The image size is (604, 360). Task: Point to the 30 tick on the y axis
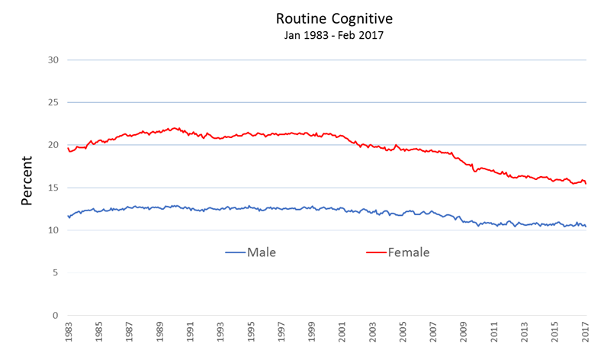tap(52, 59)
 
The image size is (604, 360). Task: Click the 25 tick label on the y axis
tap(52, 102)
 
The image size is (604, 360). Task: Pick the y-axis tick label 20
tap(52, 145)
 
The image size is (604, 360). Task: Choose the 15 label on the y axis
tap(52, 188)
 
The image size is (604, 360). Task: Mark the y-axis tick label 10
tap(52, 230)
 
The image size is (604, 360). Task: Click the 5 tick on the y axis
tap(55, 273)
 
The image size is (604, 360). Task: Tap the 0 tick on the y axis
tap(55, 316)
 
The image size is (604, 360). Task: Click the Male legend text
tap(262, 252)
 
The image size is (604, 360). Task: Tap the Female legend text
tap(410, 252)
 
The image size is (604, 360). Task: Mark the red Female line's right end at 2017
tap(586, 184)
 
